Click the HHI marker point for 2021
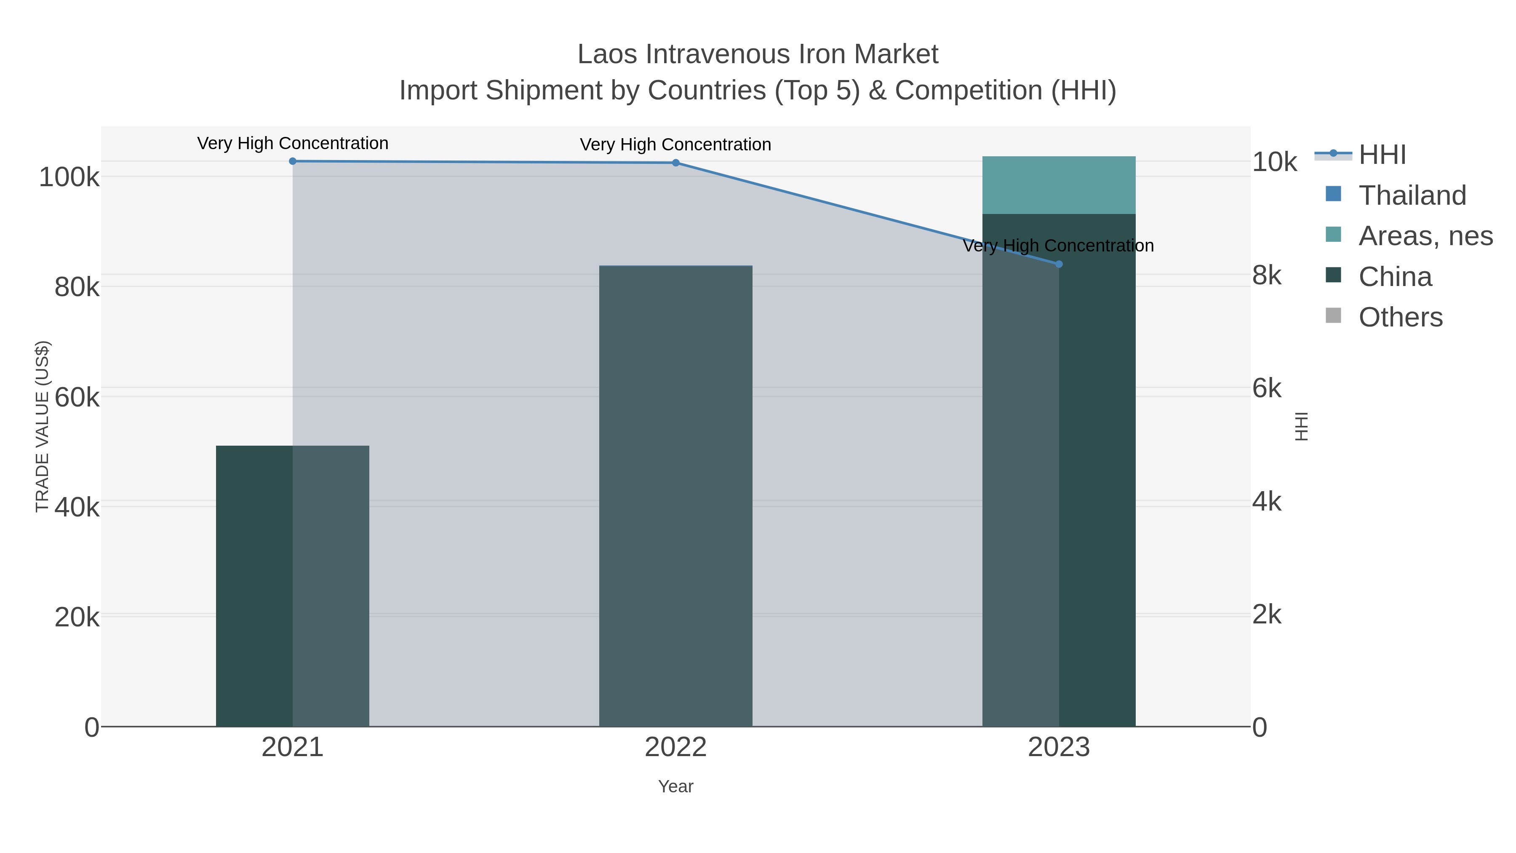point(293,161)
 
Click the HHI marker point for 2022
point(675,163)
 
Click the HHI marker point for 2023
point(1059,264)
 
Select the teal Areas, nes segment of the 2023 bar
point(1059,185)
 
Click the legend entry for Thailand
point(1412,195)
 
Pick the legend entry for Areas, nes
point(1425,236)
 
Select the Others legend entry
point(1400,317)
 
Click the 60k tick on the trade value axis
point(77,397)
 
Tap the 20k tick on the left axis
point(77,618)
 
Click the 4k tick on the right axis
point(1266,502)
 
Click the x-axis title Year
point(675,786)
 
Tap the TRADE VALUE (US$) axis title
point(43,426)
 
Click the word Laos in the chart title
point(607,54)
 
